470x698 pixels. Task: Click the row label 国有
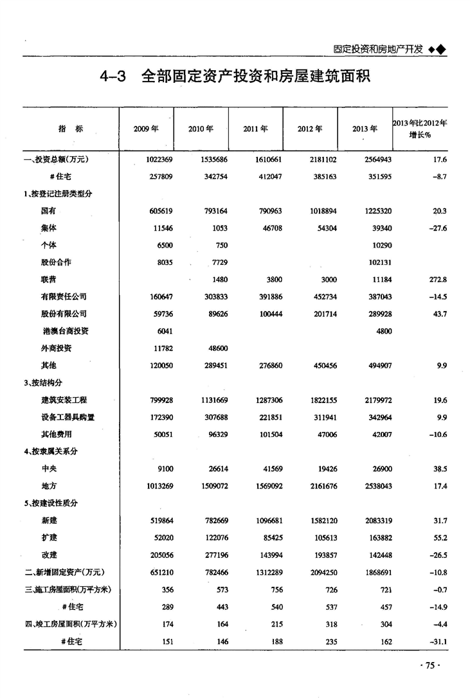click(48, 210)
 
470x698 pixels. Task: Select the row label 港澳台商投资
click(66, 331)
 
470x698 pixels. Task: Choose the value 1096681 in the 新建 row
click(264, 521)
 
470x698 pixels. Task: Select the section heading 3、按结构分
click(43, 383)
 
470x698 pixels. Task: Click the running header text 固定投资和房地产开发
click(378, 49)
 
